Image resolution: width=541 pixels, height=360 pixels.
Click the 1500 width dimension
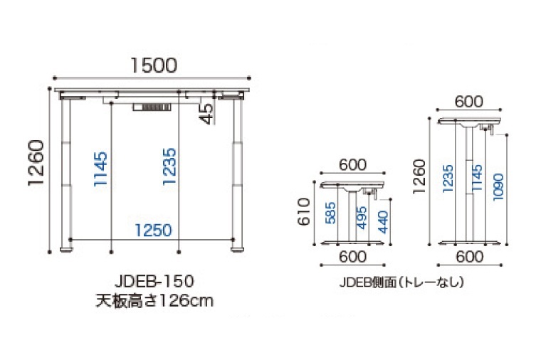point(152,65)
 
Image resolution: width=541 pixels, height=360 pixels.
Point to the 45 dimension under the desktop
point(206,113)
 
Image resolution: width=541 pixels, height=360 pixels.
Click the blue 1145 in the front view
point(101,169)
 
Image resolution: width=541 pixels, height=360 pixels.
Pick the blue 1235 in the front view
point(169,169)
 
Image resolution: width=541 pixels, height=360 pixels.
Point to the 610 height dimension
point(304,213)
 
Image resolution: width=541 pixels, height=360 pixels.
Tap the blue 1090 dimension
point(498,186)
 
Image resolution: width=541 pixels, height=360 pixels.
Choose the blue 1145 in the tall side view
point(476,179)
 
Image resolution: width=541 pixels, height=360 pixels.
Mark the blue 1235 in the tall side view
point(448,179)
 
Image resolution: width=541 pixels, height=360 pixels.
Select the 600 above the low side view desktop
point(352,164)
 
